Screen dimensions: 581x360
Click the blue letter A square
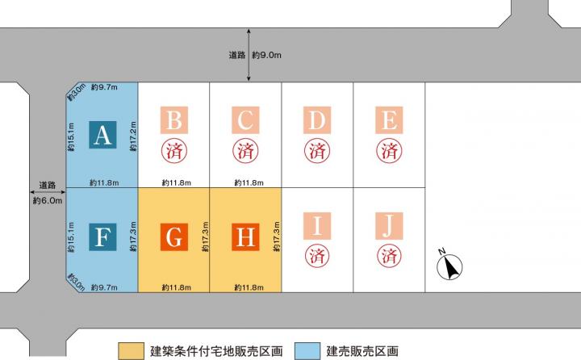click(102, 135)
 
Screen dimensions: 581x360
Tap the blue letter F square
click(102, 237)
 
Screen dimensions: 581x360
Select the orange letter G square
click(174, 237)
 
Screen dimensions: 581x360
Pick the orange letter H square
click(245, 237)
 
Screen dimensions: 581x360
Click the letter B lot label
click(174, 120)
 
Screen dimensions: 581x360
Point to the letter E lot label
click(389, 120)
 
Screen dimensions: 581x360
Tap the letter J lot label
click(389, 226)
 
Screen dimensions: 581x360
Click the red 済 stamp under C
click(245, 150)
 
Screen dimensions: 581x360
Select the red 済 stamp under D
click(317, 150)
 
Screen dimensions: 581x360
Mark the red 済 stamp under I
click(317, 255)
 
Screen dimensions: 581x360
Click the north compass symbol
click(449, 265)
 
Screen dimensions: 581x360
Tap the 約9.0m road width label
click(266, 55)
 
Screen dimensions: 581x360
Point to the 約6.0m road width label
click(48, 200)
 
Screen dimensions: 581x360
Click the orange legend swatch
click(132, 351)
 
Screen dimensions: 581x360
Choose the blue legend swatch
click(307, 351)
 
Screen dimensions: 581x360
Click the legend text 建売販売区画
click(362, 351)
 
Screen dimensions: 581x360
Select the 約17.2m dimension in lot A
click(133, 136)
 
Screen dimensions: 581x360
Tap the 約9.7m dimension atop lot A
click(104, 87)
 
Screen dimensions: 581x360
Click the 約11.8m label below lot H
click(249, 287)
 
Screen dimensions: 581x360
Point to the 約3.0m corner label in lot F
click(76, 283)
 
